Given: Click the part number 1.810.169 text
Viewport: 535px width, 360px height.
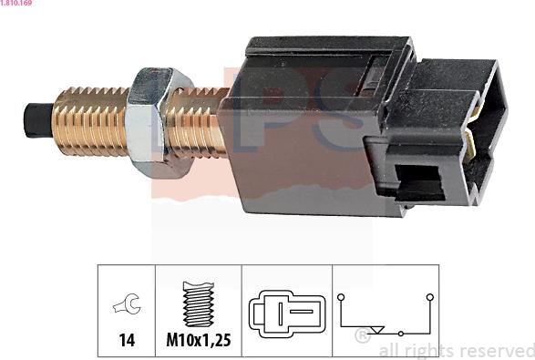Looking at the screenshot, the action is (x=16, y=3).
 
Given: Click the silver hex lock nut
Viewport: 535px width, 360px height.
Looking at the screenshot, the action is (x=158, y=123).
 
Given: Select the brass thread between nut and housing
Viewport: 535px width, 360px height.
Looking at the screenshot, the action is (x=198, y=123).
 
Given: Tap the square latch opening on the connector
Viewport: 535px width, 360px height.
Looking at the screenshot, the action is (x=419, y=183).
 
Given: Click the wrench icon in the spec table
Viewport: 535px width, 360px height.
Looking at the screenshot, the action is (x=127, y=303).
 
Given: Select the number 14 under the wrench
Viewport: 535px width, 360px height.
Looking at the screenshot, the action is (x=127, y=340).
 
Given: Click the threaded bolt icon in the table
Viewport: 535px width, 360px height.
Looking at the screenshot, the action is (x=199, y=303).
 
